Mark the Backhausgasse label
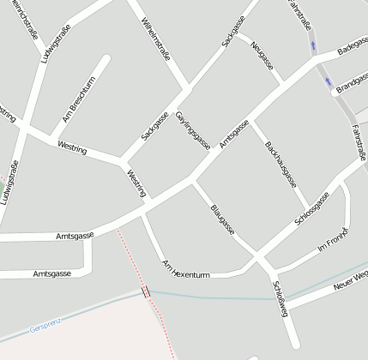(281, 164)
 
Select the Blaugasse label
(221, 219)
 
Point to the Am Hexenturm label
(186, 269)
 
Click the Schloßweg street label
(281, 297)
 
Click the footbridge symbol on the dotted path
(147, 292)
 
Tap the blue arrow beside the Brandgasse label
(329, 83)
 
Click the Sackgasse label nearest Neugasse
(232, 30)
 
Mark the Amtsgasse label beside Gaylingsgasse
(233, 134)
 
